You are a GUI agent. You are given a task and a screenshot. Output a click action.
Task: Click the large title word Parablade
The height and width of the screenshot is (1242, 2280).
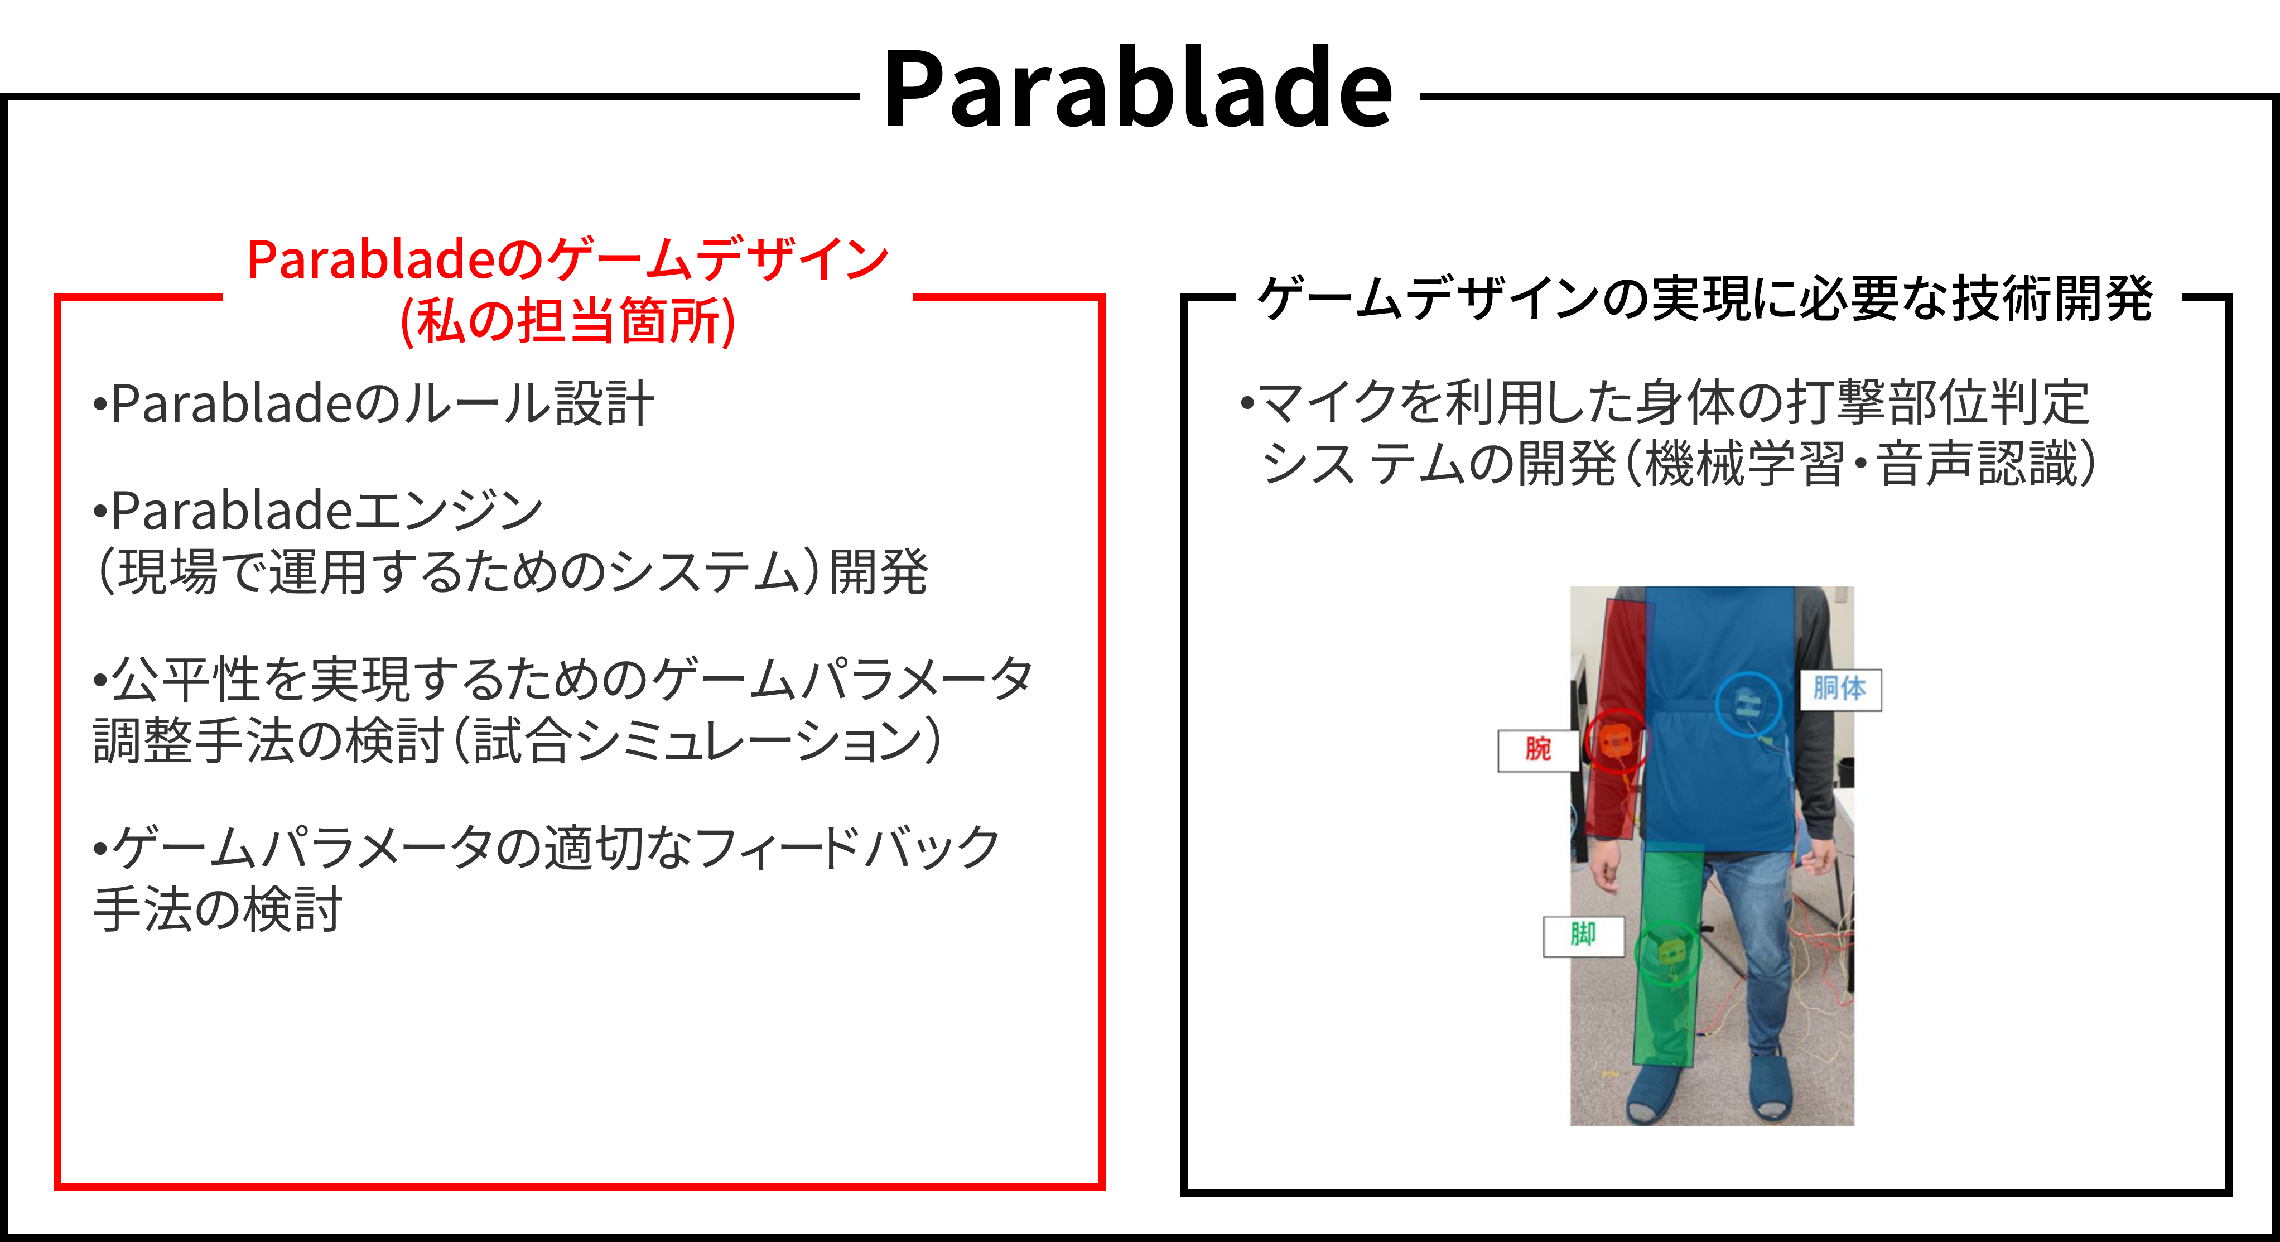[x=1138, y=89]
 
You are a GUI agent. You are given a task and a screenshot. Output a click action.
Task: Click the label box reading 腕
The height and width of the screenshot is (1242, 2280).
[x=1537, y=750]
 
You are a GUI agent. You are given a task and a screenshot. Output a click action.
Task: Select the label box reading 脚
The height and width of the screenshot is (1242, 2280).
[x=1583, y=936]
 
